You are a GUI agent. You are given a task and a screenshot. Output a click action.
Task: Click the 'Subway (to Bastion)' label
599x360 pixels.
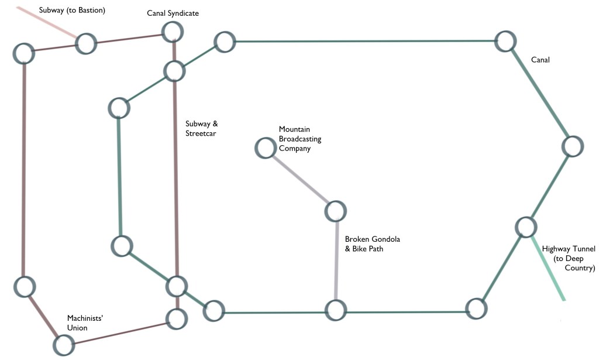pyautogui.click(x=72, y=11)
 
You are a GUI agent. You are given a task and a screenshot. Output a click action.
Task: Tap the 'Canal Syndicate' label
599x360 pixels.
pyautogui.click(x=173, y=13)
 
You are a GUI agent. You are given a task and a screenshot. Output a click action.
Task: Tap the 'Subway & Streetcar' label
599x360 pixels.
pyautogui.click(x=202, y=128)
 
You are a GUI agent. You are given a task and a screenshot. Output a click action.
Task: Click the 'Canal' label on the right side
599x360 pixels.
pyautogui.click(x=540, y=60)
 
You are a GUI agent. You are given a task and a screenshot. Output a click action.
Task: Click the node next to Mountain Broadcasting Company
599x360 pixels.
pyautogui.click(x=266, y=148)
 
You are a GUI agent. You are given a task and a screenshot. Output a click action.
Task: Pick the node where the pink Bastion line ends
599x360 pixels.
pyautogui.click(x=85, y=43)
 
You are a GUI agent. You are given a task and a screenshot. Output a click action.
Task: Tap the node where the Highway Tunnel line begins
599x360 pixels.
pyautogui.click(x=526, y=227)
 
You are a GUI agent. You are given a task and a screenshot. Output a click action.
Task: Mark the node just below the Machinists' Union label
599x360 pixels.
pyautogui.click(x=64, y=345)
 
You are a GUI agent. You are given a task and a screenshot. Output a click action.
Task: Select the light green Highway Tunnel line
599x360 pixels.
pyautogui.click(x=549, y=269)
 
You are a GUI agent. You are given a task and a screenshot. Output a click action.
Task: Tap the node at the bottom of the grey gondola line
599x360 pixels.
pyautogui.click(x=336, y=310)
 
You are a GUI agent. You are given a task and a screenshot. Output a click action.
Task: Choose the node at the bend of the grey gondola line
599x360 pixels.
pyautogui.click(x=336, y=211)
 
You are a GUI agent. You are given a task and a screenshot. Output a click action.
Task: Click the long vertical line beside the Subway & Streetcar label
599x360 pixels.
pyautogui.click(x=175, y=176)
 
